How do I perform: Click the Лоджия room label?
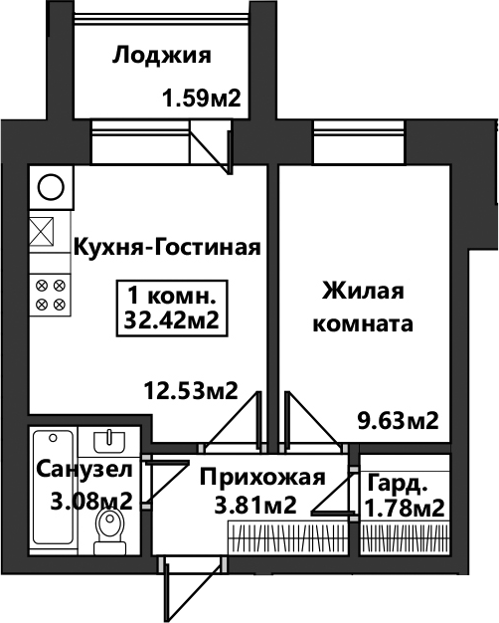(x=162, y=56)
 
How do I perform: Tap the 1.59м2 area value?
(x=202, y=99)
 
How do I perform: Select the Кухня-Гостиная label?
(x=167, y=248)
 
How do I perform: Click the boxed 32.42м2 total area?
(x=172, y=320)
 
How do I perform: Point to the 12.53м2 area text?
(x=191, y=390)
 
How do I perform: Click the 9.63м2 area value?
(x=399, y=421)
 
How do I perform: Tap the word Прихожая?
(x=262, y=477)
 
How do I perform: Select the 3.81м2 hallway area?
(x=255, y=506)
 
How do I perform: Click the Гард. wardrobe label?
(x=398, y=484)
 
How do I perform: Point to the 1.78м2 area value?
(x=405, y=508)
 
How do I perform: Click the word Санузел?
(x=83, y=469)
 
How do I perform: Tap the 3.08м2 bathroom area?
(x=91, y=502)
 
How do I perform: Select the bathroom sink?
(x=109, y=442)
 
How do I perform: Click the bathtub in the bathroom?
(x=54, y=488)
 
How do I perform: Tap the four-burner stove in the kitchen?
(x=51, y=295)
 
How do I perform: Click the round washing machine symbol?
(x=51, y=187)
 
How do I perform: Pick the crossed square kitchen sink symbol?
(x=42, y=231)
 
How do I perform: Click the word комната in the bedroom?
(x=363, y=324)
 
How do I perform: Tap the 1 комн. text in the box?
(x=172, y=297)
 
